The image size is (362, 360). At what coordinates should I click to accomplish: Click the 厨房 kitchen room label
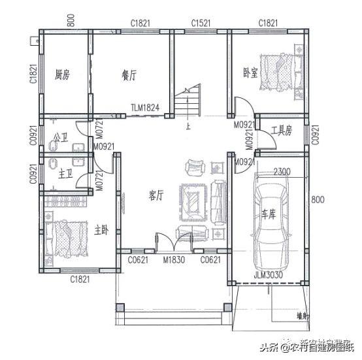point(62,74)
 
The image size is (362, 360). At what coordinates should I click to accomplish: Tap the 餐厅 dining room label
point(129,75)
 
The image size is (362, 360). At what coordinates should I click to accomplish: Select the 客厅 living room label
point(156,194)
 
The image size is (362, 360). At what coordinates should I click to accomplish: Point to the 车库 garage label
point(269,214)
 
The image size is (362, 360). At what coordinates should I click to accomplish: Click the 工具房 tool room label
point(282,131)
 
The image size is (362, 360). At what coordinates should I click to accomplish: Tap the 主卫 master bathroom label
point(65,173)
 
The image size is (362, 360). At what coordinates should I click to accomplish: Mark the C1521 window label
point(201,24)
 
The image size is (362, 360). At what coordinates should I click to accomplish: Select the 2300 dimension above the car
point(282,172)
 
